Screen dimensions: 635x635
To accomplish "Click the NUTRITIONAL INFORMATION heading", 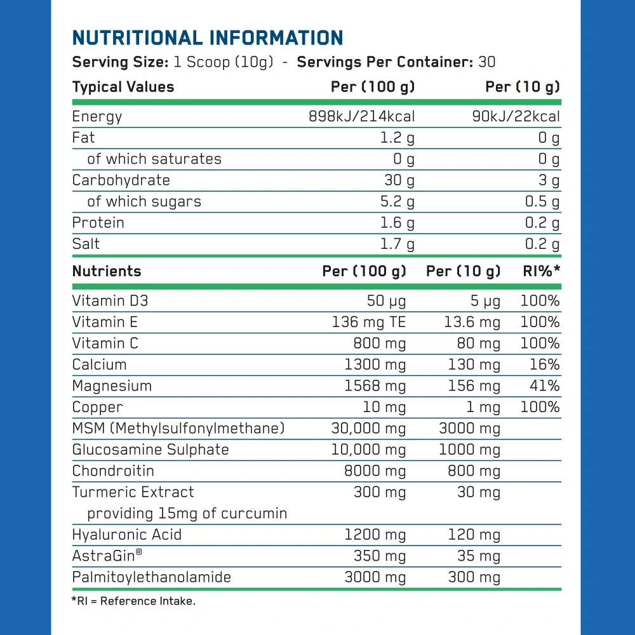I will pos(208,37).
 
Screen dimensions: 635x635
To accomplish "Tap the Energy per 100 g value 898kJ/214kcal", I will pos(361,116).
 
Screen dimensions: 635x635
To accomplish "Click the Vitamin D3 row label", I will pos(110,301).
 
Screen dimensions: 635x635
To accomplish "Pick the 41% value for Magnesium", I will pos(545,386).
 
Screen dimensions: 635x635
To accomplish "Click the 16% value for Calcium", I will pos(545,364).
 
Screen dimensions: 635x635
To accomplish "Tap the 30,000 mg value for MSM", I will pos(368,429).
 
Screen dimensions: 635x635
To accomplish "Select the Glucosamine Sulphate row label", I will pos(150,450).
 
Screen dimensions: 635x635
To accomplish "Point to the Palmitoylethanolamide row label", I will pos(151,577).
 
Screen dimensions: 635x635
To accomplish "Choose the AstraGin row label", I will pos(107,556).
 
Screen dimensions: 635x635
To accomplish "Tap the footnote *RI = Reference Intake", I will pos(133,601).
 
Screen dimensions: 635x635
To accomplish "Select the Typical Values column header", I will pos(123,87).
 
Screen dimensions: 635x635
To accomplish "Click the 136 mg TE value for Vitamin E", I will pos(368,322).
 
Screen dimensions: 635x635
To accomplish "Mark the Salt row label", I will pos(86,244).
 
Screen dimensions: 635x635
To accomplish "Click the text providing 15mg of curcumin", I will pos(187,513).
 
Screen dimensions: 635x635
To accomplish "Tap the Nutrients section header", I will pos(107,271).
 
